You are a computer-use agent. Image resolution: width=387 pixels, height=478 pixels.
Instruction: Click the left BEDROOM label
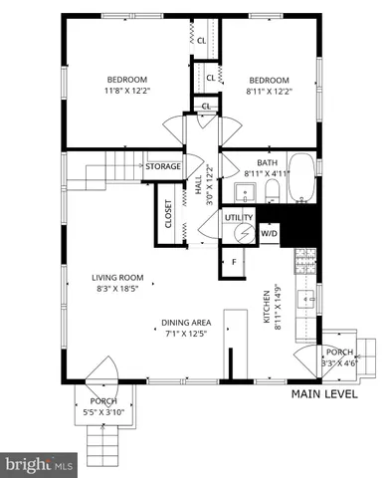pyautogui.click(x=127, y=80)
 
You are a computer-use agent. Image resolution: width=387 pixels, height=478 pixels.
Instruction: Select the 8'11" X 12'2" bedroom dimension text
pyautogui.click(x=268, y=92)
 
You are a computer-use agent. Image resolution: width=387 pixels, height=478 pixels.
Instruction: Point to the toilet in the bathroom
pyautogui.click(x=272, y=188)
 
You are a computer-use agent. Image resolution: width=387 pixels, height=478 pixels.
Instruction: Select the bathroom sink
pyautogui.click(x=245, y=190)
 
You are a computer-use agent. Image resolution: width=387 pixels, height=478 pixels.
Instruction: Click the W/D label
pyautogui.click(x=269, y=233)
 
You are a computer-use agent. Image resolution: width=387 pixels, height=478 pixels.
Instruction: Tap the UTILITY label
pyautogui.click(x=239, y=216)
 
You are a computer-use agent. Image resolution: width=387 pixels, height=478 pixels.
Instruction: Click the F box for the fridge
pyautogui.click(x=235, y=262)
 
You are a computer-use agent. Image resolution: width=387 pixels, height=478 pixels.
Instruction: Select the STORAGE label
pyautogui.click(x=163, y=166)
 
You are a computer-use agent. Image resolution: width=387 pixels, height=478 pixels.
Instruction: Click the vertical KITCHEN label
pyautogui.click(x=267, y=308)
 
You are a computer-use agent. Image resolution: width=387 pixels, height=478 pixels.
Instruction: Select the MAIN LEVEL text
pyautogui.click(x=325, y=394)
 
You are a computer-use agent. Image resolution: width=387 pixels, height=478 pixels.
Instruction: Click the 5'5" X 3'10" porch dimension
pyautogui.click(x=97, y=411)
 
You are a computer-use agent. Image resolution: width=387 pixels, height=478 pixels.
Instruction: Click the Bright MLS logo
pyautogui.click(x=40, y=464)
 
